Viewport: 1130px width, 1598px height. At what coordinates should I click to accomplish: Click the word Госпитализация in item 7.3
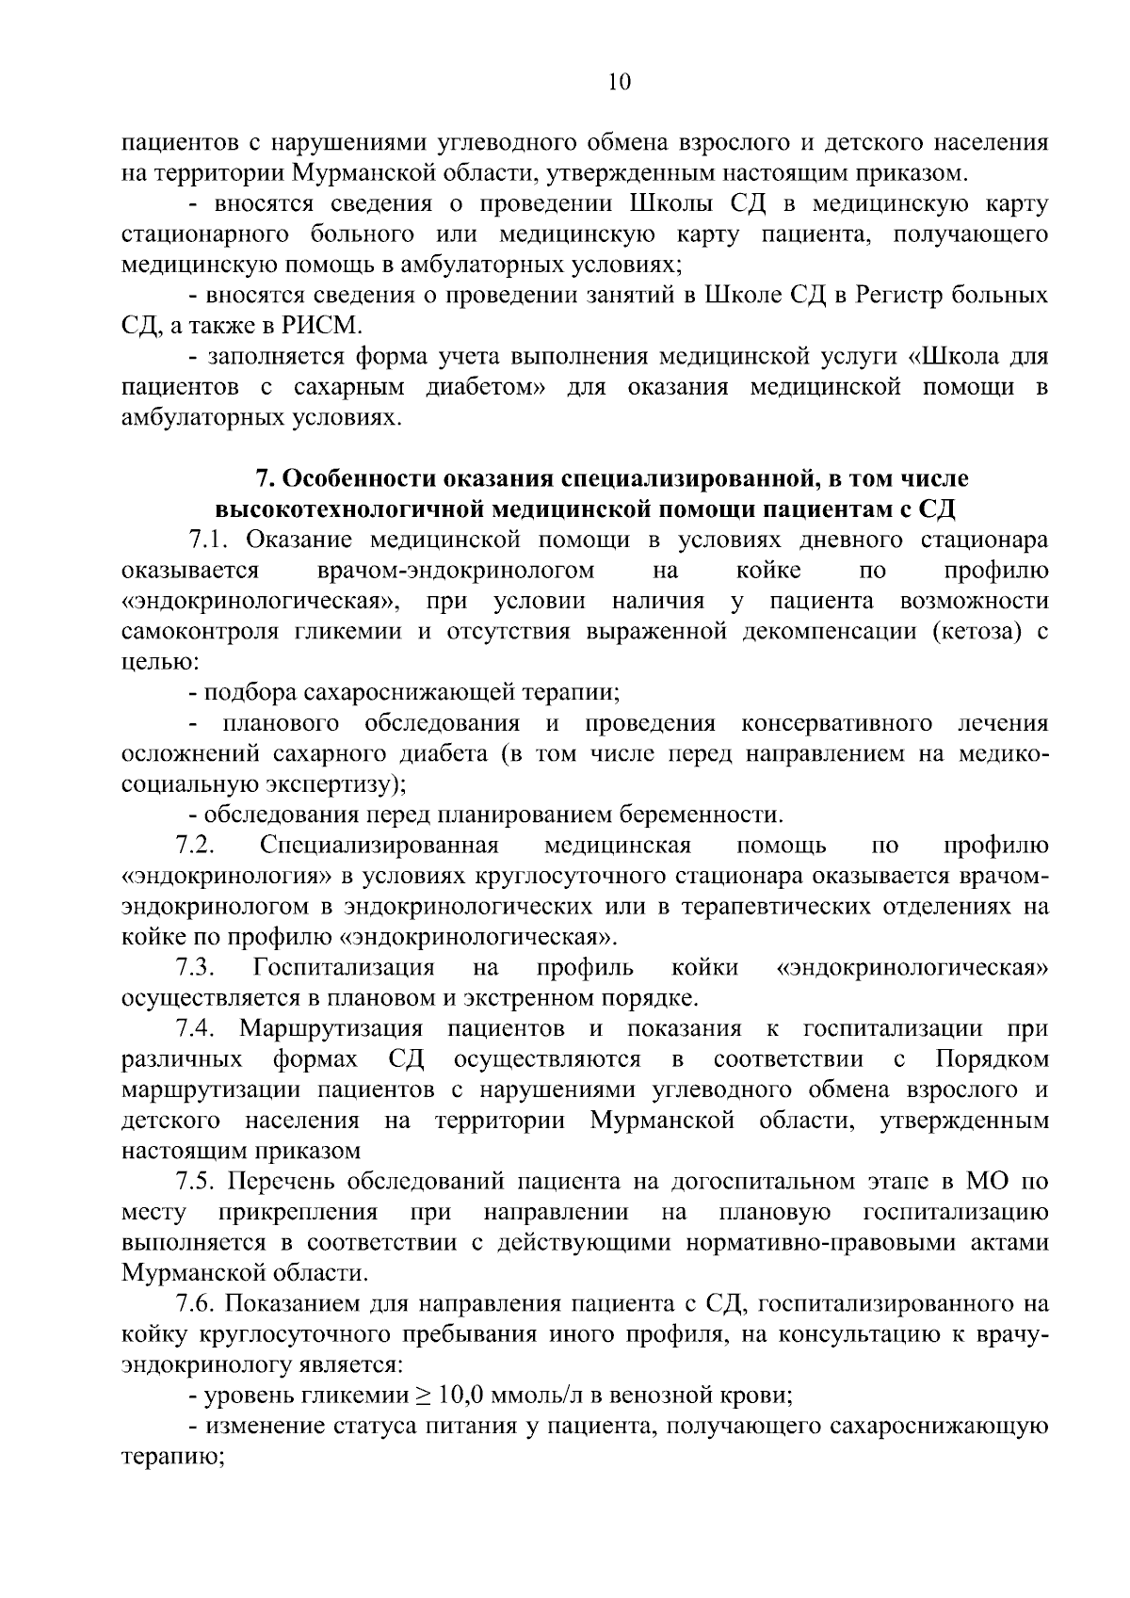(x=344, y=968)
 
